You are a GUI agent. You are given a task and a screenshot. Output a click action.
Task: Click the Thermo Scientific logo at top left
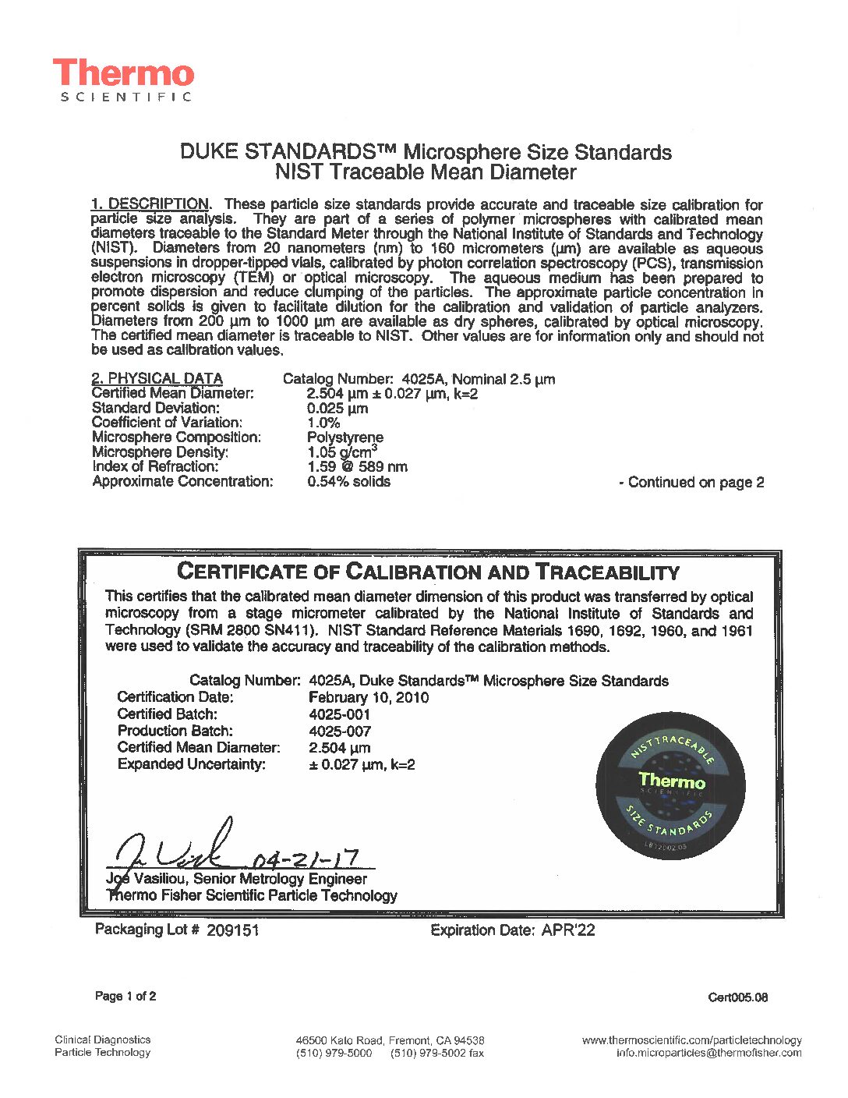pyautogui.click(x=123, y=80)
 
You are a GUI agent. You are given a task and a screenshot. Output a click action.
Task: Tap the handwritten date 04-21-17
pyautogui.click(x=306, y=858)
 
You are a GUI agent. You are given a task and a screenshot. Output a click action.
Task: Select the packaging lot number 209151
pyautogui.click(x=232, y=930)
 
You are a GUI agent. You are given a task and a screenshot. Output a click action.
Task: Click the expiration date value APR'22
pyautogui.click(x=568, y=930)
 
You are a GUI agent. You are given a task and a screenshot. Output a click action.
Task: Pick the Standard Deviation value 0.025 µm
pyautogui.click(x=337, y=408)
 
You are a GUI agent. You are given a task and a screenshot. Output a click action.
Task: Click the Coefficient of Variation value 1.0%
pyautogui.click(x=323, y=423)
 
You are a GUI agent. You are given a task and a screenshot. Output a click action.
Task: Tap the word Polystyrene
pyautogui.click(x=344, y=437)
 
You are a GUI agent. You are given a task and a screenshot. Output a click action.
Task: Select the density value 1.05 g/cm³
pyautogui.click(x=342, y=452)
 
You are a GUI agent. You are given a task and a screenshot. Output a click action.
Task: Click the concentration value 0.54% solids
pyautogui.click(x=348, y=481)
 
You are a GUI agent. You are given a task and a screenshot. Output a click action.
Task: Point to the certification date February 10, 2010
pyautogui.click(x=369, y=697)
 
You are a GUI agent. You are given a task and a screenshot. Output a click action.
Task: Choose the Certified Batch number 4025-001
pyautogui.click(x=340, y=714)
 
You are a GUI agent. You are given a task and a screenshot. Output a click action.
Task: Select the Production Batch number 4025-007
pyautogui.click(x=340, y=731)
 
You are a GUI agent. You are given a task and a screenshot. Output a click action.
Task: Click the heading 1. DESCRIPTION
pyautogui.click(x=150, y=204)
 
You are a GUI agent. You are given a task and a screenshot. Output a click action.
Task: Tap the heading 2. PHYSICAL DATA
pyautogui.click(x=157, y=378)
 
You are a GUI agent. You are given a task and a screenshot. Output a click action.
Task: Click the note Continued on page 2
pyautogui.click(x=691, y=482)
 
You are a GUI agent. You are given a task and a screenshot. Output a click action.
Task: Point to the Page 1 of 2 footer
pyautogui.click(x=125, y=996)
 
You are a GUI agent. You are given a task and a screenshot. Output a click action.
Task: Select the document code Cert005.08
pyautogui.click(x=737, y=997)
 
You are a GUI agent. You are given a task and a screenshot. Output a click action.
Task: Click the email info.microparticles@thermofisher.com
pyautogui.click(x=708, y=1053)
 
